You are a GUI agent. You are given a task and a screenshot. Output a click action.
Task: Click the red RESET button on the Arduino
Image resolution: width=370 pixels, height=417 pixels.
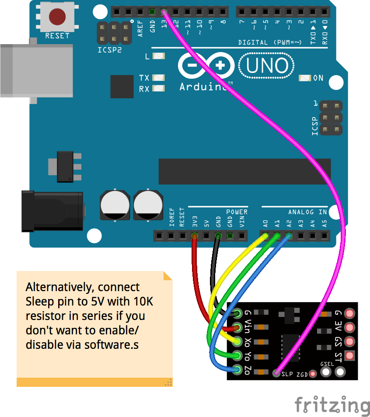pyautogui.click(x=57, y=17)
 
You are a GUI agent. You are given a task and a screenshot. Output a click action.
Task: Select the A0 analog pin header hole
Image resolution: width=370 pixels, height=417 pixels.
pyautogui.click(x=265, y=236)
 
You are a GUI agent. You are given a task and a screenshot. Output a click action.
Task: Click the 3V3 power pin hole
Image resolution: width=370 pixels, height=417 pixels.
pyautogui.click(x=194, y=236)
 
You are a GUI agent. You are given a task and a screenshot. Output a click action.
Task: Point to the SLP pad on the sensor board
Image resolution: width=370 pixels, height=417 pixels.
pyautogui.click(x=276, y=373)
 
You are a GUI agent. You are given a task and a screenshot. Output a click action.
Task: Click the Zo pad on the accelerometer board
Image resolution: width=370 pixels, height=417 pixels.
pyautogui.click(x=237, y=370)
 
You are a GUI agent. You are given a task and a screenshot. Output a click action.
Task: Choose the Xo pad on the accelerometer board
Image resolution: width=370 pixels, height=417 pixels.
pyautogui.click(x=237, y=341)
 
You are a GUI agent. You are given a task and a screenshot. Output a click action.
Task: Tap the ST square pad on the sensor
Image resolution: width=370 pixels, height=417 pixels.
pyautogui.click(x=349, y=356)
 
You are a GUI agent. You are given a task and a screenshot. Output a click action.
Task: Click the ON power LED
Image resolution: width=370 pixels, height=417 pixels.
pyautogui.click(x=305, y=78)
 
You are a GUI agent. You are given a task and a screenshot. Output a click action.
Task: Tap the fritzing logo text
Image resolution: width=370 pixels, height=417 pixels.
pyautogui.click(x=332, y=405)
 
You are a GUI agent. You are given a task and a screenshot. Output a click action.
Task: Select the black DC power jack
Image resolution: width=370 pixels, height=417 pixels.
pyautogui.click(x=52, y=211)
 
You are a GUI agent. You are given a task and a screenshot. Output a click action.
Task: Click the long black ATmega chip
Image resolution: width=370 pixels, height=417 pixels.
pyautogui.click(x=244, y=172)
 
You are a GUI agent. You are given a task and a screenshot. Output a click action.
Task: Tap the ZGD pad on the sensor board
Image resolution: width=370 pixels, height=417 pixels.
pyautogui.click(x=313, y=374)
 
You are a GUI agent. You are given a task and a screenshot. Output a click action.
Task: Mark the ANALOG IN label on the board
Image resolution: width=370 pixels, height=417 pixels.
pyautogui.click(x=307, y=212)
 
